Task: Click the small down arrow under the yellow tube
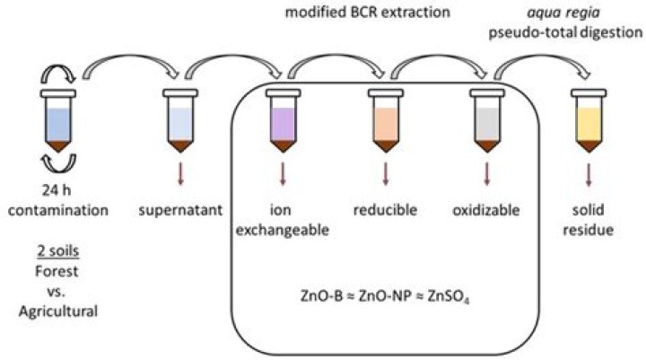[x=589, y=173]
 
